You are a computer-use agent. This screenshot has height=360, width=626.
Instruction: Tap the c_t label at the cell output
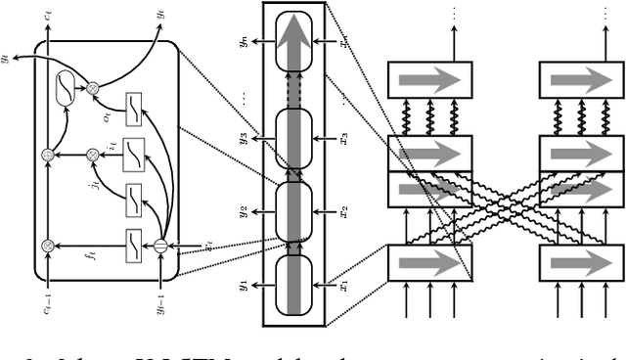pyautogui.click(x=48, y=16)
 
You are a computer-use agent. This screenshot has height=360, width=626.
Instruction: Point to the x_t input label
pyautogui.click(x=208, y=246)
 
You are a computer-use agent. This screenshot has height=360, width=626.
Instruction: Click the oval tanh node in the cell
pyautogui.click(x=65, y=89)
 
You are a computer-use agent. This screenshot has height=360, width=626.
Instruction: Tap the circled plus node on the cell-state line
pyautogui.click(x=48, y=155)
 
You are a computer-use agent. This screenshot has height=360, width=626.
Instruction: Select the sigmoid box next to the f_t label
pyautogui.click(x=134, y=244)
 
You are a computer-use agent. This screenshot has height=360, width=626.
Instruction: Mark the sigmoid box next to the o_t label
pyautogui.click(x=134, y=105)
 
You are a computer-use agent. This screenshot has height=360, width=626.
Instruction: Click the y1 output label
pyautogui.click(x=245, y=286)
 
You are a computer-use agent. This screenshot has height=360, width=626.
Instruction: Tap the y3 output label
pyautogui.click(x=245, y=138)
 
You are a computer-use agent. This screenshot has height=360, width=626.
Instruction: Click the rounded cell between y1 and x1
pyautogui.click(x=293, y=285)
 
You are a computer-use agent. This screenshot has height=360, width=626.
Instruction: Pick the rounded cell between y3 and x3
pyautogui.click(x=293, y=138)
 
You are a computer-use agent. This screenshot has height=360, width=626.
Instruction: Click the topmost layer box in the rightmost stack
pyautogui.click(x=581, y=79)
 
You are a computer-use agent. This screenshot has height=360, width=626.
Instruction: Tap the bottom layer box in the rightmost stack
pyautogui.click(x=581, y=261)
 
